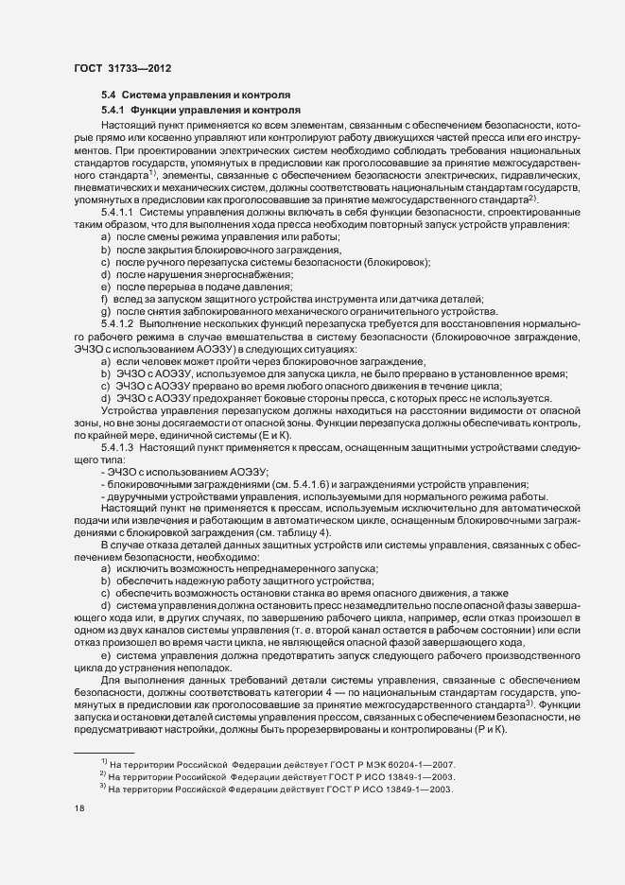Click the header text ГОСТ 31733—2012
click(x=122, y=68)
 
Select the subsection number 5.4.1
click(x=114, y=112)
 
